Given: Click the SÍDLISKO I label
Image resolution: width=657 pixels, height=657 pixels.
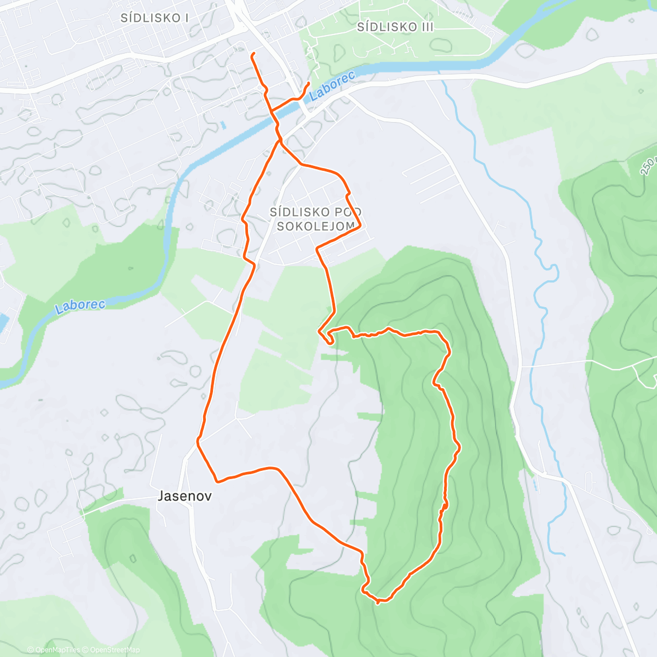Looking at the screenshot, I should (154, 18).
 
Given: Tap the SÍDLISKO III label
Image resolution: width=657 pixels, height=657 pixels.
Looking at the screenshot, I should (395, 27).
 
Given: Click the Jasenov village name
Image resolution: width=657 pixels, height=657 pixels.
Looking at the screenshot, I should (185, 496).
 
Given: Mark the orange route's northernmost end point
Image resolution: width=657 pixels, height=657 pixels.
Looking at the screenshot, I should (252, 55).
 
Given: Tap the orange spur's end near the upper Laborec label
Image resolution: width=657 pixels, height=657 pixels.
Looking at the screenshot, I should (309, 83).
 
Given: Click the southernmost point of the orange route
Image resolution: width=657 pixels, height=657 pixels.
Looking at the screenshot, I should (378, 602).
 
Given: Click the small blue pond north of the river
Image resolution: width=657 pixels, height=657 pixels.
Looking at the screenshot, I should (223, 125).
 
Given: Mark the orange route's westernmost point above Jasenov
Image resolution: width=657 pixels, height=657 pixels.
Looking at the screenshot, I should (198, 441).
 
